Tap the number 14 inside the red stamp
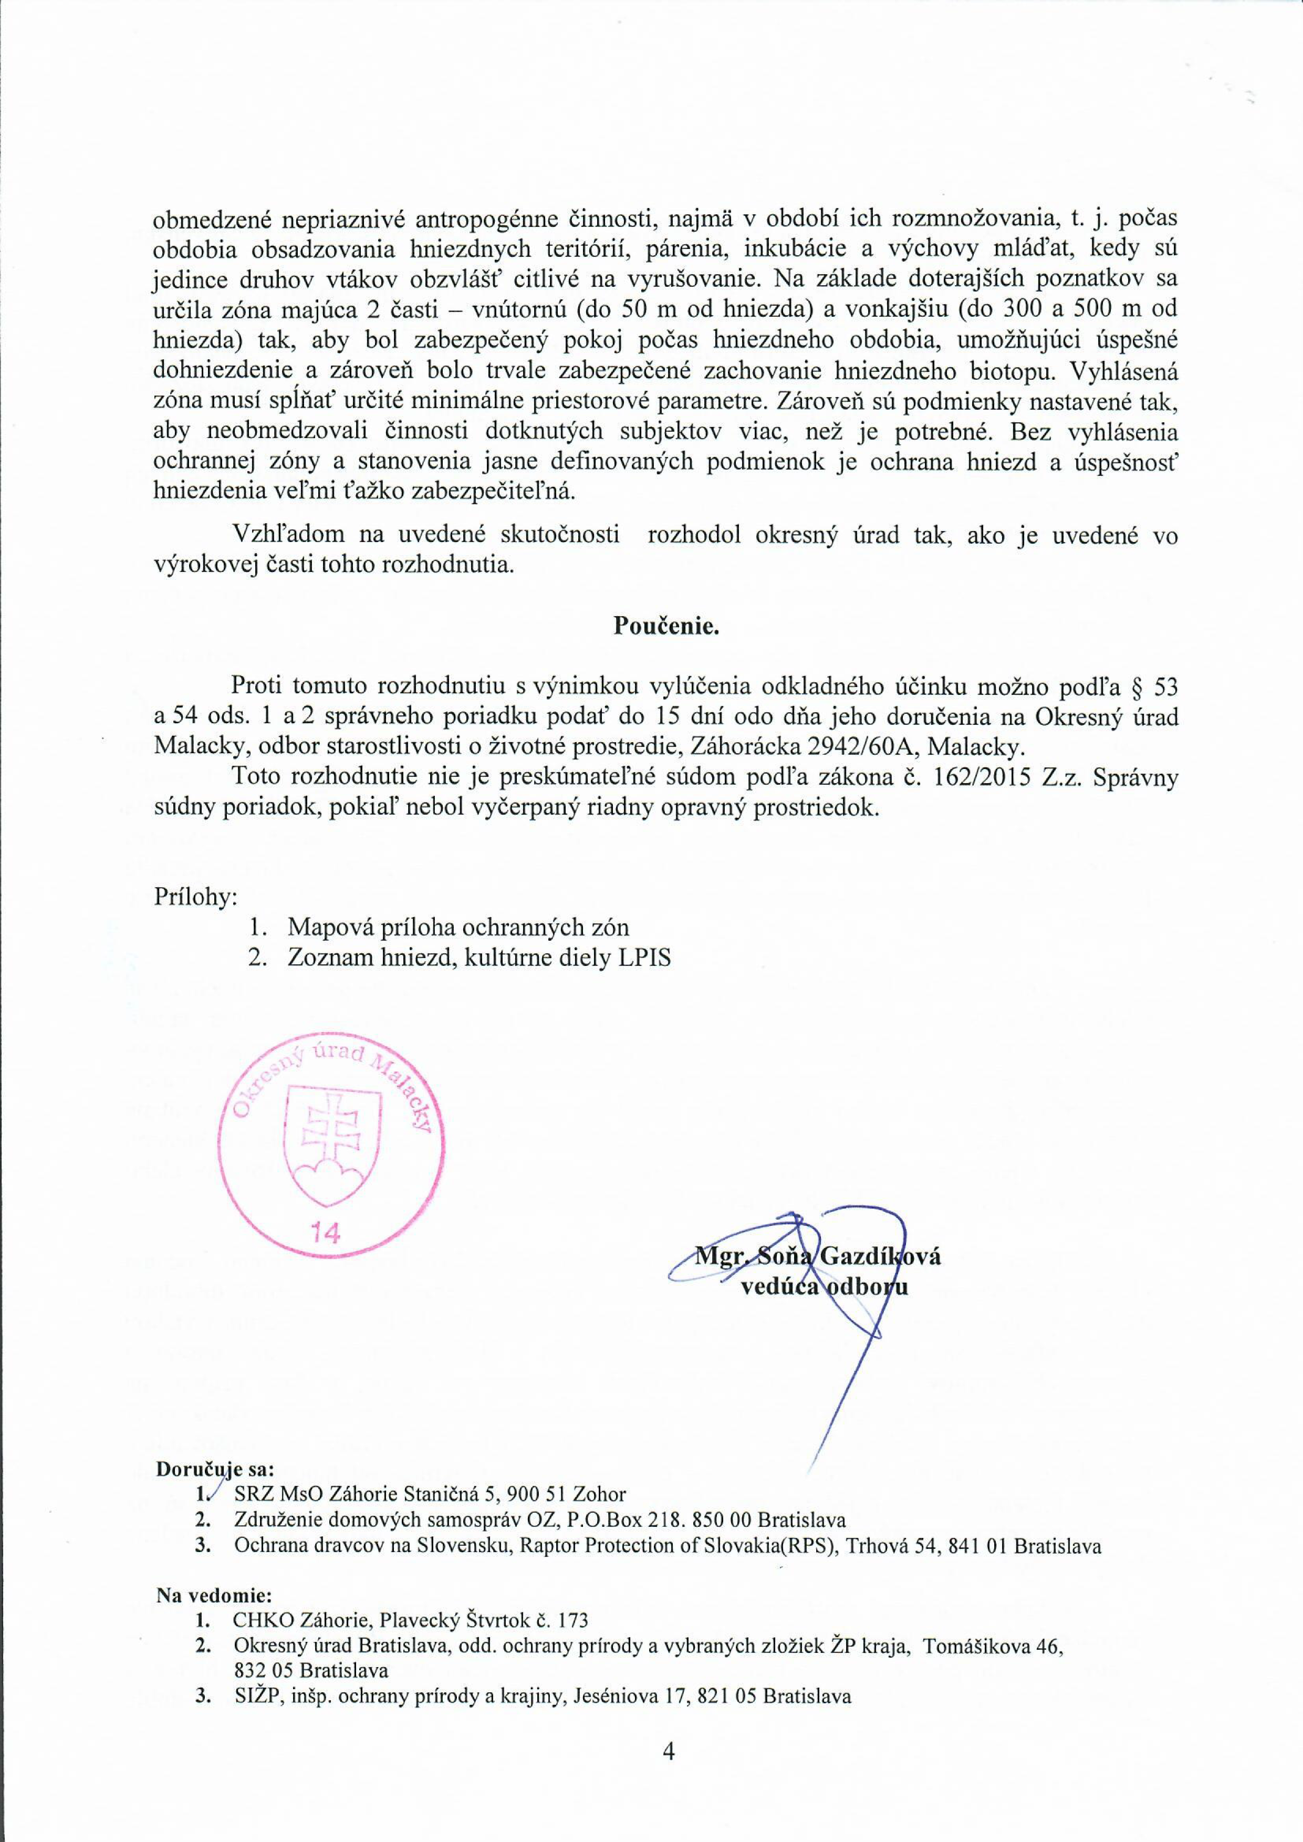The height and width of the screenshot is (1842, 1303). click(x=326, y=1233)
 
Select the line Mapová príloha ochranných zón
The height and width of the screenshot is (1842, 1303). click(x=458, y=928)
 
